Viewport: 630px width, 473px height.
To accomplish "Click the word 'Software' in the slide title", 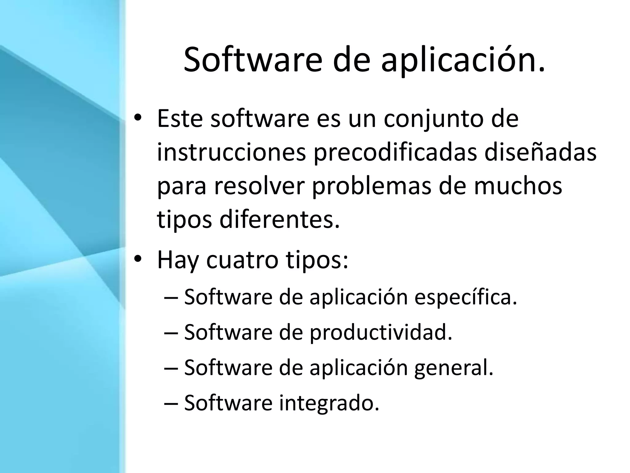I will pyautogui.click(x=253, y=60).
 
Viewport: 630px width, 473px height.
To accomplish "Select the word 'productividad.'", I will pyautogui.click(x=381, y=333).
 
